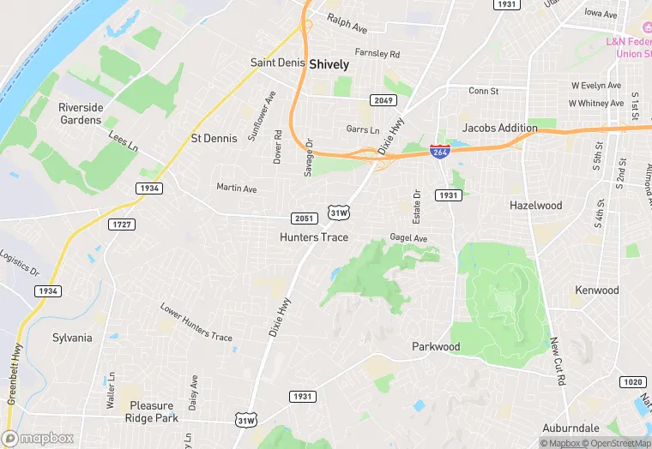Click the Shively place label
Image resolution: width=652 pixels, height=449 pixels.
[x=329, y=63]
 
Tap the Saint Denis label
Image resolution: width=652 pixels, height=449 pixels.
[x=278, y=63]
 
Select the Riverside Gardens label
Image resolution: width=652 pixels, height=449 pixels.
[x=81, y=113]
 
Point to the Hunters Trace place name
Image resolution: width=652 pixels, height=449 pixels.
[x=314, y=236]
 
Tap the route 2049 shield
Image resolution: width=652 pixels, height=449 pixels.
[x=383, y=100]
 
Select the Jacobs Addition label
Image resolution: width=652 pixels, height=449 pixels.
[x=500, y=128]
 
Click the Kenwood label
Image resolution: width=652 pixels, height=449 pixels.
[x=597, y=290]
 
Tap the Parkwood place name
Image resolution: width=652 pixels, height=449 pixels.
[x=436, y=346]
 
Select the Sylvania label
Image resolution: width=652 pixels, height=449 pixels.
[x=72, y=337]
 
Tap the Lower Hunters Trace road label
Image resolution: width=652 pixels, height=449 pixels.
[x=196, y=322]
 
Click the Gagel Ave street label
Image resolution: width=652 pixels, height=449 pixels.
[x=408, y=237]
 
